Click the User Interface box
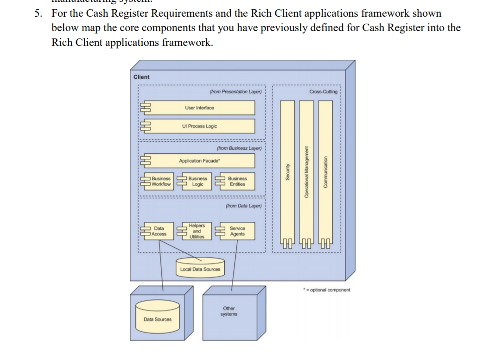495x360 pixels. coord(200,108)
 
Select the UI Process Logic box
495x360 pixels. coord(200,126)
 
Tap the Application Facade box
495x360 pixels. coord(200,161)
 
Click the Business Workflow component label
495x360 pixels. coord(161,181)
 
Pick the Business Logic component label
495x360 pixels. coord(198,181)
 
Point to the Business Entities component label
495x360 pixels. coord(237,181)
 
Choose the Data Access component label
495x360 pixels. coord(159,231)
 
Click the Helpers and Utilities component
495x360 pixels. coord(197,231)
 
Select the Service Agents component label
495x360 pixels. coord(237,231)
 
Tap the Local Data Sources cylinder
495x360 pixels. coord(200,269)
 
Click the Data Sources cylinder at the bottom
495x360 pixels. coord(157,319)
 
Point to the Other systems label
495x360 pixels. coord(229,311)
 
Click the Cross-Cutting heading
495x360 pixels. coord(324,92)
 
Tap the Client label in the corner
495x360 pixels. coord(141,77)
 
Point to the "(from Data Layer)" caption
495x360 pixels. coord(244,206)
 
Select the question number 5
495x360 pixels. coord(38,13)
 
